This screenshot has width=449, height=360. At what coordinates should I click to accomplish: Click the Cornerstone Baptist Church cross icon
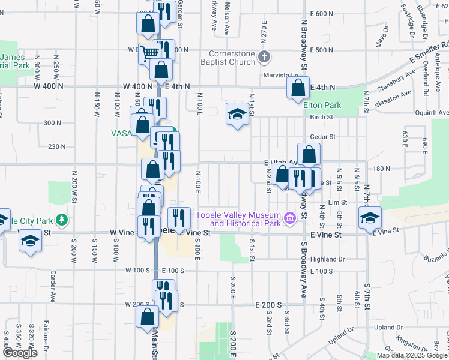(x=264, y=58)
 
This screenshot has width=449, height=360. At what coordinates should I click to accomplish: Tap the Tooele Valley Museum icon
(x=291, y=218)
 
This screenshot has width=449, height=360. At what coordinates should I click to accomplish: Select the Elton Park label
(x=322, y=106)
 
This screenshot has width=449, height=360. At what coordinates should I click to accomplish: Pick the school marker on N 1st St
(x=237, y=114)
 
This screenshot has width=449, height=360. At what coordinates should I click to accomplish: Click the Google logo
(x=20, y=353)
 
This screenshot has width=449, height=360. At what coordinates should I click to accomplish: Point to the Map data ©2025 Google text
(x=411, y=356)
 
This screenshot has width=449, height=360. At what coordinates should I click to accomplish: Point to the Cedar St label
(x=322, y=137)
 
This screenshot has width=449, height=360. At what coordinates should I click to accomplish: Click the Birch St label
(x=322, y=118)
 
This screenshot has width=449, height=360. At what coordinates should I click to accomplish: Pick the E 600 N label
(x=322, y=14)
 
